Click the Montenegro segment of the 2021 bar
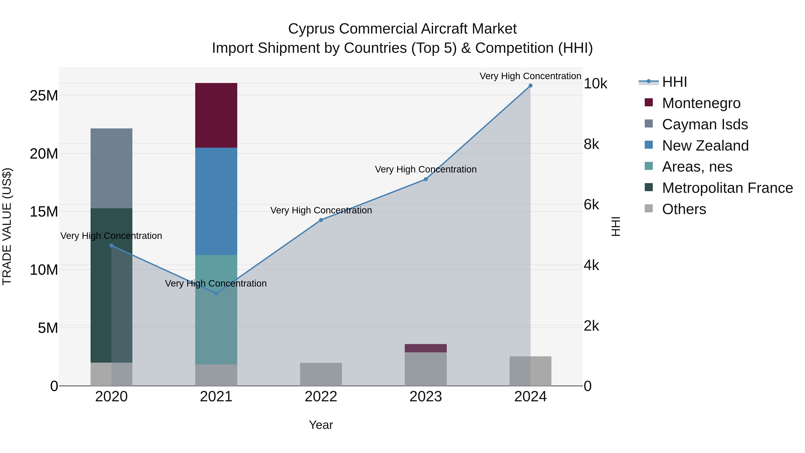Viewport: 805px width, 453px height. [216, 115]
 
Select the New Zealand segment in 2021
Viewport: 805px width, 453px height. [216, 201]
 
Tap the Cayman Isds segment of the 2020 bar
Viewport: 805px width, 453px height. [111, 168]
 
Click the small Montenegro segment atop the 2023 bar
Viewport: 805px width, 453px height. [425, 348]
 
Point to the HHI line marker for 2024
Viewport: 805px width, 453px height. [530, 86]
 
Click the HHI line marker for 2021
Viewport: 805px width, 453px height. [216, 293]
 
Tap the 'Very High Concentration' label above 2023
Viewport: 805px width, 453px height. [425, 169]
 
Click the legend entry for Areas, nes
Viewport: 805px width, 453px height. [697, 167]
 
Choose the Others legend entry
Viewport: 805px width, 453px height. [684, 209]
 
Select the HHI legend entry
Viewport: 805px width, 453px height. [674, 82]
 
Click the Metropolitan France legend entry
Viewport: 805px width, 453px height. [727, 188]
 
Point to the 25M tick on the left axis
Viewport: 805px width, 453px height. [44, 95]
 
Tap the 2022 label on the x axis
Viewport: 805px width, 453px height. [321, 397]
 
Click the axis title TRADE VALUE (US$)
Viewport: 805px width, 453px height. [7, 226]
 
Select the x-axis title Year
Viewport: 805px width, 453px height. [321, 425]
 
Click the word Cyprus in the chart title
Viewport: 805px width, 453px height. [311, 29]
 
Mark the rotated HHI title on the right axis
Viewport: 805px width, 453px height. [615, 226]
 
